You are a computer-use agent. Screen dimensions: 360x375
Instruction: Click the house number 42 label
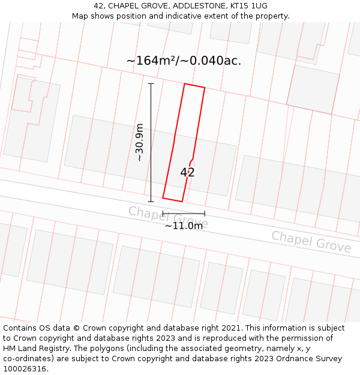(187, 172)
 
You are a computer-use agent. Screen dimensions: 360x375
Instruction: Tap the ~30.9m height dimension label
(139, 142)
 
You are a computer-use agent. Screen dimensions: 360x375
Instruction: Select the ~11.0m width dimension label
(184, 226)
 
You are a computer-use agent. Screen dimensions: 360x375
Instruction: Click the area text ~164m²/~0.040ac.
(184, 61)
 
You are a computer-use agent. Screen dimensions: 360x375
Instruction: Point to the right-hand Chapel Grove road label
(311, 241)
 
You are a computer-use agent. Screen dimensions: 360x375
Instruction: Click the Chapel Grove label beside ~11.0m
(168, 217)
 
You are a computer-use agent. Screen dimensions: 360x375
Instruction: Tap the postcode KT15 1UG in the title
(247, 6)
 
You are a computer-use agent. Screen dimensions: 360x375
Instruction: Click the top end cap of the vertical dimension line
(151, 83)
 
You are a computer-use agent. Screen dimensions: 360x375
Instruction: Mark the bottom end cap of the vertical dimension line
(151, 202)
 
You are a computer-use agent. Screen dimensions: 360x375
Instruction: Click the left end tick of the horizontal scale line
(163, 213)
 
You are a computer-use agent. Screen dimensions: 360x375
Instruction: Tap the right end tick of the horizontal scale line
(205, 213)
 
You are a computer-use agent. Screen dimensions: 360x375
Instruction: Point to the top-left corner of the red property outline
(184, 84)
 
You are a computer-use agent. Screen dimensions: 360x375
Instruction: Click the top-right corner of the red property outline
(205, 88)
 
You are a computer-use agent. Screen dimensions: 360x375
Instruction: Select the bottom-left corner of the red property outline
(163, 198)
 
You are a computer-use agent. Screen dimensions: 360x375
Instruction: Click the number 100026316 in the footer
(24, 369)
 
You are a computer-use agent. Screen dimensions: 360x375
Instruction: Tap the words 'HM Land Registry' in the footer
(35, 349)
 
